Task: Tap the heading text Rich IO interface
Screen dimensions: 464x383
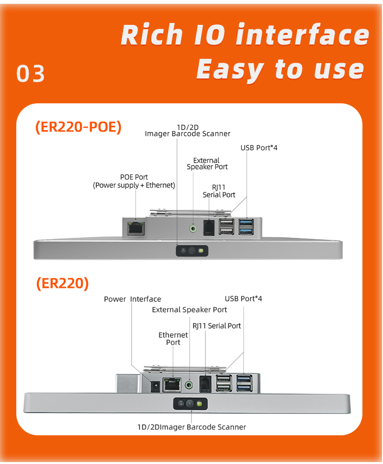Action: click(245, 35)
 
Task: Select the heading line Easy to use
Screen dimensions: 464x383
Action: click(280, 69)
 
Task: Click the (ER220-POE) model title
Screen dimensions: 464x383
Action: click(79, 127)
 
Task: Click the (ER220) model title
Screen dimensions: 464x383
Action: click(62, 283)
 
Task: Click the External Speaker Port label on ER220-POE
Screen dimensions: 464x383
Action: click(207, 164)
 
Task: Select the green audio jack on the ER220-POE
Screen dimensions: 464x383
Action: click(193, 228)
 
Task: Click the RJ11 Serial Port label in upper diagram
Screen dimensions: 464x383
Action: click(219, 191)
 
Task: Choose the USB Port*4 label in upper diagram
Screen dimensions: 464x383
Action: click(259, 148)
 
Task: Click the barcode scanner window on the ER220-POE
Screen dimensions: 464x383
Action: click(191, 250)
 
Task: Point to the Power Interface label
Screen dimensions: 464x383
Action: click(133, 299)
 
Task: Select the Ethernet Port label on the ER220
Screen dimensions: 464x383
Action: click(173, 339)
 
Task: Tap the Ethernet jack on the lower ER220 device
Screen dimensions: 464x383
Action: click(171, 385)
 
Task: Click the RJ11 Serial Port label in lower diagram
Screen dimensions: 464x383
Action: click(217, 326)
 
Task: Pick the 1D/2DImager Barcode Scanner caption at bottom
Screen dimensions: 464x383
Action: click(191, 427)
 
